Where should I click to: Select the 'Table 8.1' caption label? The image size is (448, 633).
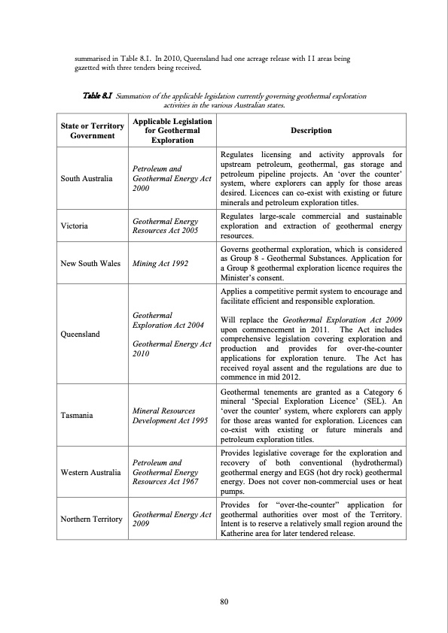(96, 97)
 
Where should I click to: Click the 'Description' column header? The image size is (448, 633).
(311, 130)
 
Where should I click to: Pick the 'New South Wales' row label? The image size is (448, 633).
(84, 265)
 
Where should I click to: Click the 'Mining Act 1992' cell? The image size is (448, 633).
(160, 265)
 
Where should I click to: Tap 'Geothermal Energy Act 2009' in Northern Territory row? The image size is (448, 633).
(170, 519)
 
